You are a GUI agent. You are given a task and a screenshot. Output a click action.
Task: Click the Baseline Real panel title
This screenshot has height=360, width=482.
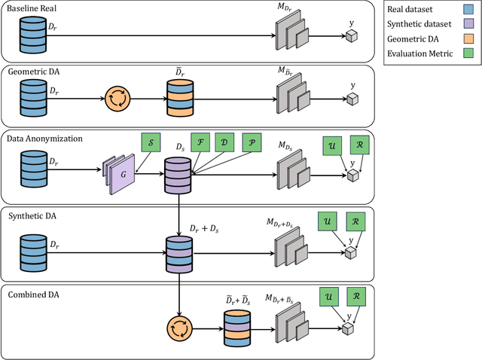click(x=32, y=8)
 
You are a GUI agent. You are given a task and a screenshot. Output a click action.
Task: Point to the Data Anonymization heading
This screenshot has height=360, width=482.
click(x=45, y=139)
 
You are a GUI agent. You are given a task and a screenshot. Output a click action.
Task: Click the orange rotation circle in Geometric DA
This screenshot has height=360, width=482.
click(x=117, y=99)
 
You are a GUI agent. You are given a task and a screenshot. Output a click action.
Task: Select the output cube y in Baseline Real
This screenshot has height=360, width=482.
click(x=351, y=35)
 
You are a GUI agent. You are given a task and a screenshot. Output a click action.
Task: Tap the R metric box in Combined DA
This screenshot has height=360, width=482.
click(x=357, y=296)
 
